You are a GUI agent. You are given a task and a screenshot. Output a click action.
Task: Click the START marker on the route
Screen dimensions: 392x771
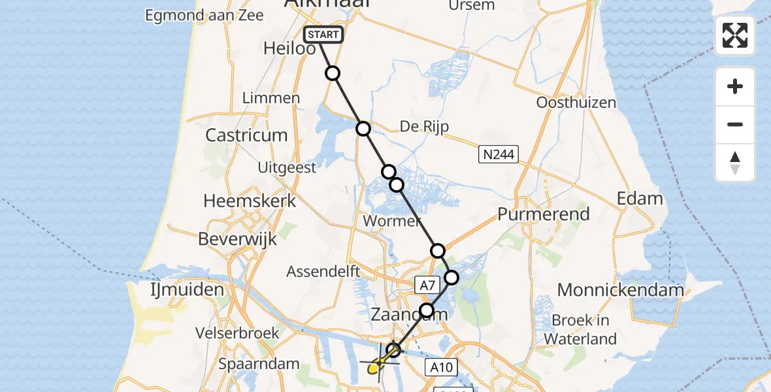[323, 35]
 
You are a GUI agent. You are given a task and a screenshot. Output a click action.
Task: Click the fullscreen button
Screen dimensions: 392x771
[735, 35]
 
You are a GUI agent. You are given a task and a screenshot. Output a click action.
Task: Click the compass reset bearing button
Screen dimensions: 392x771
[735, 163]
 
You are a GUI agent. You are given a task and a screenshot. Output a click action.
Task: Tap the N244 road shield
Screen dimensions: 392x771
[498, 155]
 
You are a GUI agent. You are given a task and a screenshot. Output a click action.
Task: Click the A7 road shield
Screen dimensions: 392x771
[427, 285]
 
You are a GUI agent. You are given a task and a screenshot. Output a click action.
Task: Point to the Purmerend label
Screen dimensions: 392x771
[544, 214]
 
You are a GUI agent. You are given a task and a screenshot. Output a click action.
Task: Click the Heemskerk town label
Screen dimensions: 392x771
[250, 201]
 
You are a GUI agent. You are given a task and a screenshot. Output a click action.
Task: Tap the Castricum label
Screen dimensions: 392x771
[246, 135]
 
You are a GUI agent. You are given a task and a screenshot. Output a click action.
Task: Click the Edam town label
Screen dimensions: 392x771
[640, 199]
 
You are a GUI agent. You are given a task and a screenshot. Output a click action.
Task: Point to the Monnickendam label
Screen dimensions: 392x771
[620, 290]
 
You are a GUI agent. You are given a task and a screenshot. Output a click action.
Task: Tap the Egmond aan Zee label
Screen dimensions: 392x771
[205, 15]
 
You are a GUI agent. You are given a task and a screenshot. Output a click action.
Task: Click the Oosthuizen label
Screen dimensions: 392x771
[576, 103]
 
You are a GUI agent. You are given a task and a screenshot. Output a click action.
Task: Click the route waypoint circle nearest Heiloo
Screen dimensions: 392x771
[333, 73]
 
